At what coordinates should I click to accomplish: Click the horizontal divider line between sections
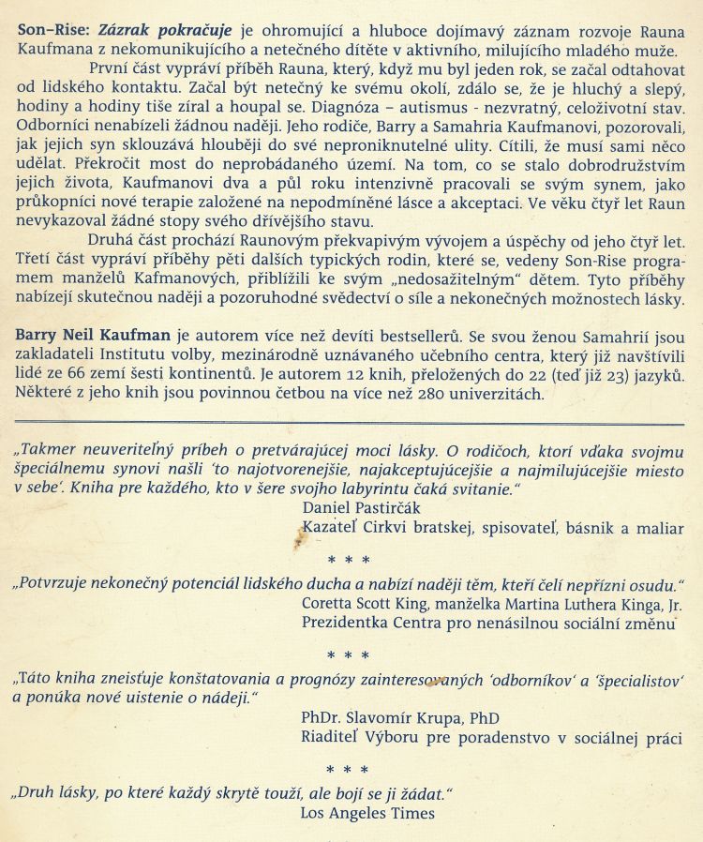pos(351,425)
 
